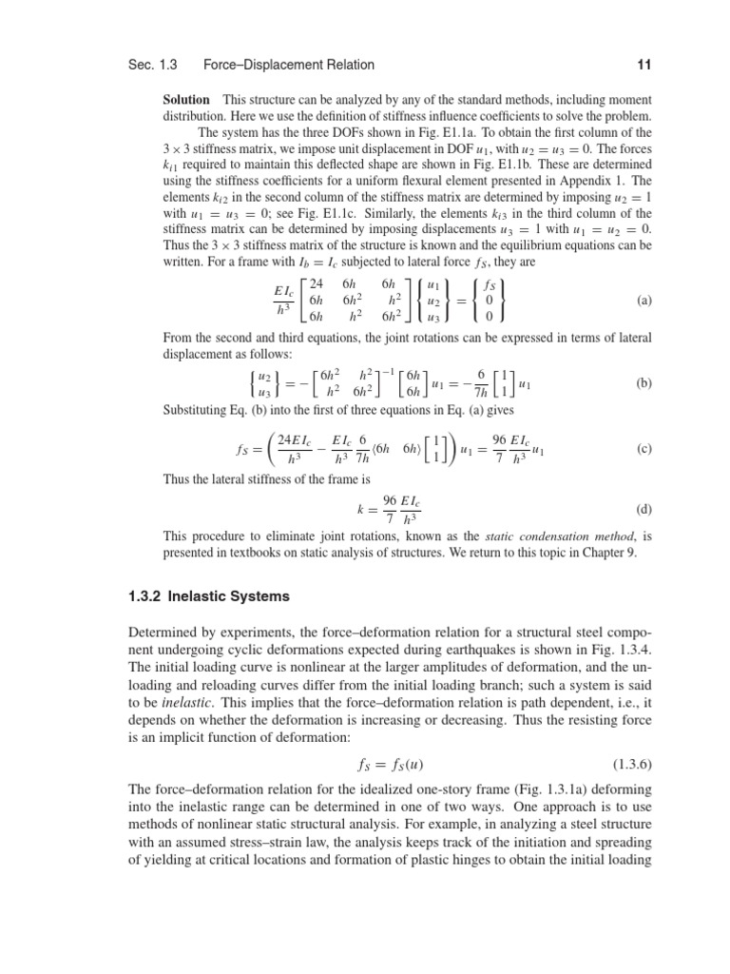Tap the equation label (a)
point(645,300)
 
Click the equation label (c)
point(645,449)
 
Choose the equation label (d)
point(644,509)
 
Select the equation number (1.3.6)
point(627,762)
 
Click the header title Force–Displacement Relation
point(289,65)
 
